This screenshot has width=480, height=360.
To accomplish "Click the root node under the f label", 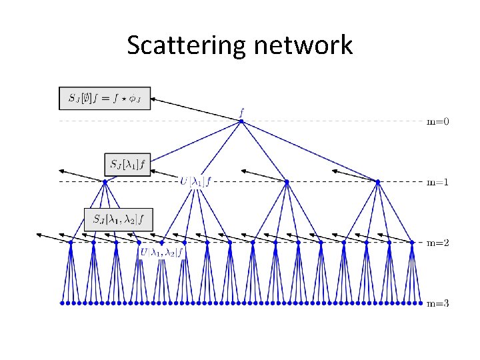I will coord(241,121).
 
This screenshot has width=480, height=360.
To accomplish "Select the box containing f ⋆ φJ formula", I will coord(105,98).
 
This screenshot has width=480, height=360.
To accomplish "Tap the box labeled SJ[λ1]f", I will coord(128,163).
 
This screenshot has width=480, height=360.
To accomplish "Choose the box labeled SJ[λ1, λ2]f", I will coord(119,218).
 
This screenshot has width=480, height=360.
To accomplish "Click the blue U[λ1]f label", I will coord(196,180).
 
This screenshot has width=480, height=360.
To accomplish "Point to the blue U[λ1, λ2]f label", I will coord(163,252).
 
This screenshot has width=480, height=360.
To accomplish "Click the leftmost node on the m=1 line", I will coord(105,181).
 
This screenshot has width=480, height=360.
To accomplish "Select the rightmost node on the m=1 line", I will coord(377,181).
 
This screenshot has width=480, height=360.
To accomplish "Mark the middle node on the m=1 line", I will coord(287,181).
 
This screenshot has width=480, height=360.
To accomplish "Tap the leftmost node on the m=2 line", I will coord(71,242).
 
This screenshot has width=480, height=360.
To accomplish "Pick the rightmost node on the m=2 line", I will coord(412,242).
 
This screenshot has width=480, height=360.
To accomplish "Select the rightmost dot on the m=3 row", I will coord(420,303).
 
